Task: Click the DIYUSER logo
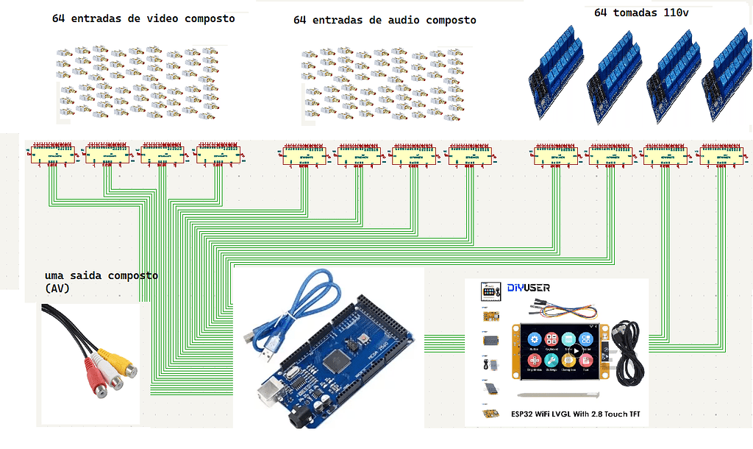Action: pyautogui.click(x=528, y=288)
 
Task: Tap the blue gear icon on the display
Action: pyautogui.click(x=533, y=339)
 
